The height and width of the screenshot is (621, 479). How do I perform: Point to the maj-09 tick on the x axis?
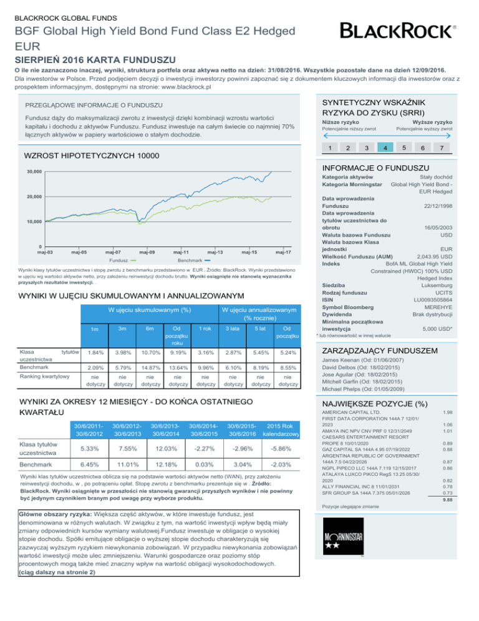pyautogui.click(x=147, y=252)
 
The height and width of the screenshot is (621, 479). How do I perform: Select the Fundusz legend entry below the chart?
pyautogui.click(x=125, y=260)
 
